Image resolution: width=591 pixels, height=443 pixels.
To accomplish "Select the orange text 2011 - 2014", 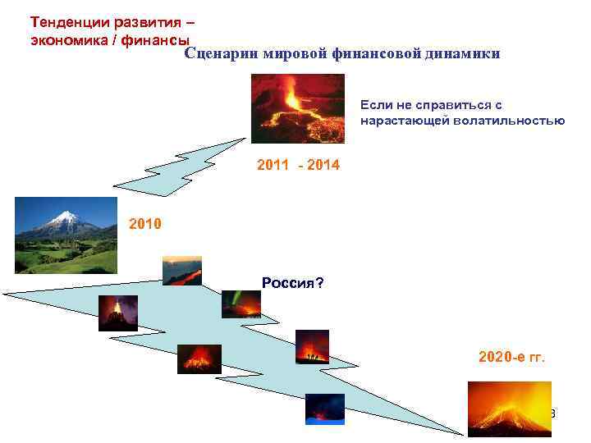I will pos(298,166).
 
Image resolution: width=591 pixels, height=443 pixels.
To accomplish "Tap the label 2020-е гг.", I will pos(511,358).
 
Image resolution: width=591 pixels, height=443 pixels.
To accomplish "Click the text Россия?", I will pos(292,283).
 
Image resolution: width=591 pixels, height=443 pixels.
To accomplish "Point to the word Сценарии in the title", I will pos(219,53).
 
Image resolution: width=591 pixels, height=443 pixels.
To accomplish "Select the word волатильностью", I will pos(514,121).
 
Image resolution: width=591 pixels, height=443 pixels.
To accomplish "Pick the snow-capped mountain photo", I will pos(66,235).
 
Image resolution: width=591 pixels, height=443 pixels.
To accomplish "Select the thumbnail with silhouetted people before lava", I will pos(312,346).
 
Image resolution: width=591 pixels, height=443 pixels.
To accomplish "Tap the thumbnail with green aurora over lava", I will pos(241,304).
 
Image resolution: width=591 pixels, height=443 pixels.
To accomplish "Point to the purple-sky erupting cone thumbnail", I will pos(118,313).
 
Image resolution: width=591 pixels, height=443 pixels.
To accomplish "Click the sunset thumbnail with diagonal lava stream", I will pos(181,271).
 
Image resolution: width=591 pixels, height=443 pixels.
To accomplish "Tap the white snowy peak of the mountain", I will pos(64,218).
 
